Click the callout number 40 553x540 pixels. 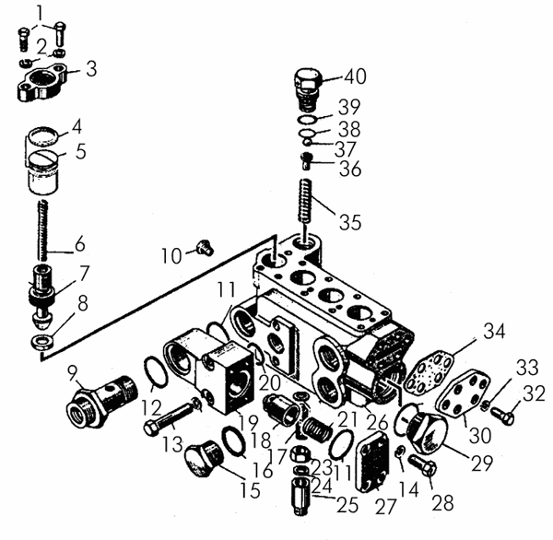pyautogui.click(x=355, y=76)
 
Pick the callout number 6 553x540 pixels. pyautogui.click(x=81, y=244)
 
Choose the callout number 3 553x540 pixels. pyautogui.click(x=92, y=69)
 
